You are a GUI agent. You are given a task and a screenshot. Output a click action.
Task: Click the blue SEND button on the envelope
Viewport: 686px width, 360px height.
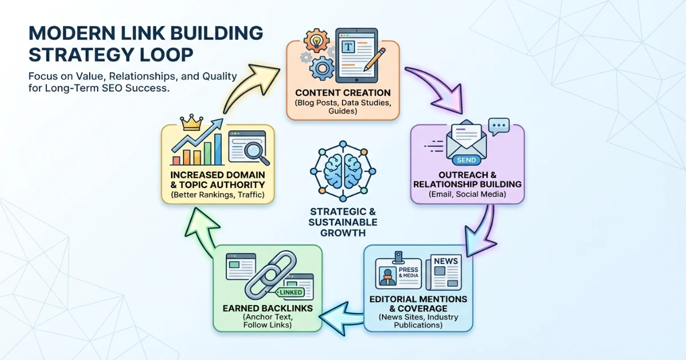(467, 160)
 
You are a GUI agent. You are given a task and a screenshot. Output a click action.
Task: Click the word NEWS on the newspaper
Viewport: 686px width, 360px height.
(445, 261)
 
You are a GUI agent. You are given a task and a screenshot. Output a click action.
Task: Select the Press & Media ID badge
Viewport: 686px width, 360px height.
(397, 272)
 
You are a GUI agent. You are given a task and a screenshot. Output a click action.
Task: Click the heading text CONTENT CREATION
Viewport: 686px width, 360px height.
(343, 93)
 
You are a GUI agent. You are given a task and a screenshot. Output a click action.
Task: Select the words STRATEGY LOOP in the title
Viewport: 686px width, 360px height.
(111, 55)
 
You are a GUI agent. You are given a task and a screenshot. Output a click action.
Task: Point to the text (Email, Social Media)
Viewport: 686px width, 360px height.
(467, 194)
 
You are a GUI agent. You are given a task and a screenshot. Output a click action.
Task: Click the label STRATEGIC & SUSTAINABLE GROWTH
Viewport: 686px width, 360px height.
(342, 222)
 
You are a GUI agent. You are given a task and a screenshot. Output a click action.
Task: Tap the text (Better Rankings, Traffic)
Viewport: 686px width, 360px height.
(218, 195)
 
